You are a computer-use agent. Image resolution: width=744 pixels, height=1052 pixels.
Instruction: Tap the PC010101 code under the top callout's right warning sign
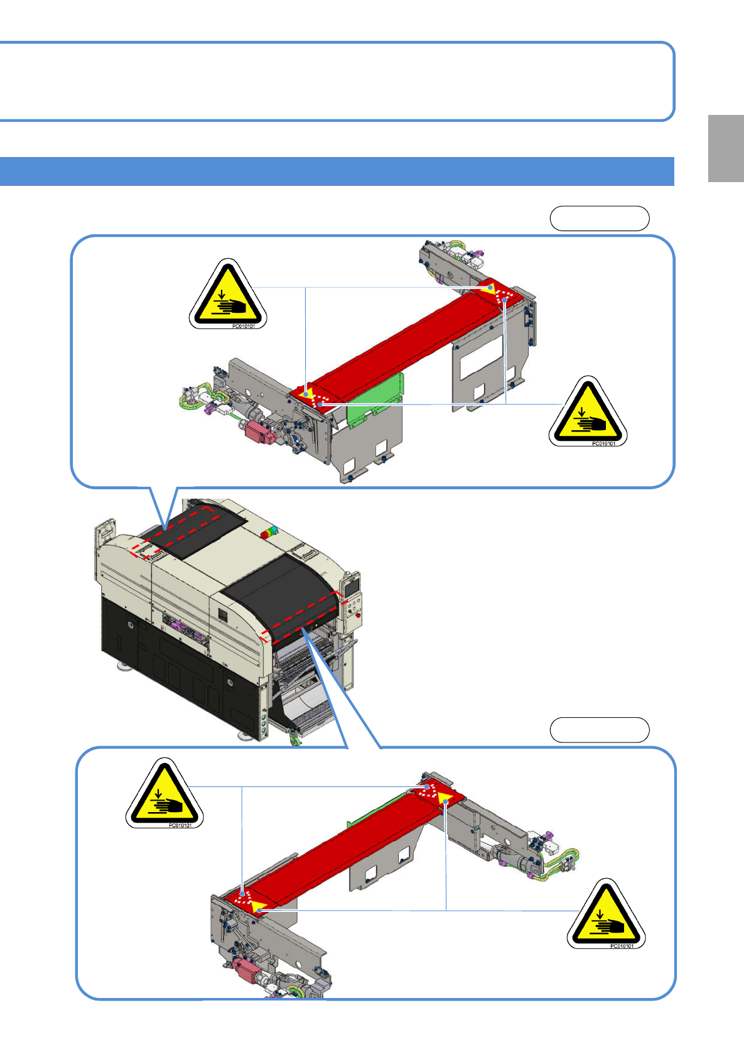(603, 443)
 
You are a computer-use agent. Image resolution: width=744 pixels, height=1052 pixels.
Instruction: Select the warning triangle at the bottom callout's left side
(164, 793)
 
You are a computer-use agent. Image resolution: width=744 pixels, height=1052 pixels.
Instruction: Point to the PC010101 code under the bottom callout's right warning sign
(622, 946)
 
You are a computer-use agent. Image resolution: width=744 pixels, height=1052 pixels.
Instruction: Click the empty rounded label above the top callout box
(600, 219)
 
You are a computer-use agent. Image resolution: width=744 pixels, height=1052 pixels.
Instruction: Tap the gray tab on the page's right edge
(726, 148)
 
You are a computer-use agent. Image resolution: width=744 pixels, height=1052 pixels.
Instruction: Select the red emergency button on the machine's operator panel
(358, 615)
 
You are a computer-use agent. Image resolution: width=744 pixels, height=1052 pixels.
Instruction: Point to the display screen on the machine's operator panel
(352, 585)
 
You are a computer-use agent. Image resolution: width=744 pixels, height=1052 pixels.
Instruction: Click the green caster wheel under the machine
(294, 740)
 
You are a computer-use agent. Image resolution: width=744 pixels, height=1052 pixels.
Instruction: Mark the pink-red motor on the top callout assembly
(256, 433)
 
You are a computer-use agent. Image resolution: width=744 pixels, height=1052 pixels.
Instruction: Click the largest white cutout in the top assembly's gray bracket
(481, 357)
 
